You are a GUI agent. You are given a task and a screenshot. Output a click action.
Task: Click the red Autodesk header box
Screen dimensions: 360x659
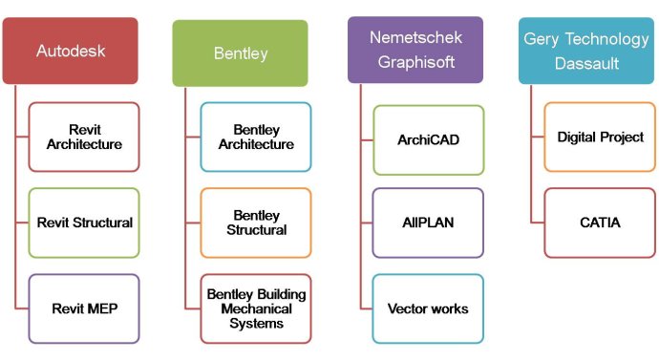click(x=70, y=51)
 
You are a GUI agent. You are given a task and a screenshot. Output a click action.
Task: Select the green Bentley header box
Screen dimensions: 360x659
click(x=240, y=53)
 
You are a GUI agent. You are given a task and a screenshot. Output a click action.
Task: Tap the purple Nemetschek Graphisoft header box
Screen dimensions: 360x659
click(x=415, y=50)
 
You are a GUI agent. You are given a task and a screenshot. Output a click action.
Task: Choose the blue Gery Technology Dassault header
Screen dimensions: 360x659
click(x=586, y=50)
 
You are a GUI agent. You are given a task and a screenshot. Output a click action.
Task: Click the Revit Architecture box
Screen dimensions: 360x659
click(x=84, y=137)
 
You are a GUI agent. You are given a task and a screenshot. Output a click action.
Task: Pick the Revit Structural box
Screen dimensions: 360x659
click(x=84, y=222)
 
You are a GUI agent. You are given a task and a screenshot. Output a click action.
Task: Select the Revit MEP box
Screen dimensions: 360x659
click(x=84, y=308)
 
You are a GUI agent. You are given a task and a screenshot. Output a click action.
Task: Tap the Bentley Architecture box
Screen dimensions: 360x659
click(x=255, y=137)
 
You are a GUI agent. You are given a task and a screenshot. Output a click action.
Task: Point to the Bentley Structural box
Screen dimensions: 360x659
click(x=255, y=222)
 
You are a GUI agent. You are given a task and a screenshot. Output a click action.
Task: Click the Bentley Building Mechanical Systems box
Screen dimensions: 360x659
click(x=255, y=308)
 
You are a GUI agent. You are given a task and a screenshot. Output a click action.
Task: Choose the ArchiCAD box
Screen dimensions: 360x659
click(x=428, y=139)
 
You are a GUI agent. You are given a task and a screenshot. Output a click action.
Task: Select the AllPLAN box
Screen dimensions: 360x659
click(x=428, y=222)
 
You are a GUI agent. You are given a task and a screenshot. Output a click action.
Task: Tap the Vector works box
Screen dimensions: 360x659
click(x=428, y=308)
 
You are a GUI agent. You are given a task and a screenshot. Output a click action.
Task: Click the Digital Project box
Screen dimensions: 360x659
click(x=600, y=137)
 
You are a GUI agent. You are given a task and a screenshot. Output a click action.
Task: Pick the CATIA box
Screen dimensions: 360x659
click(x=600, y=222)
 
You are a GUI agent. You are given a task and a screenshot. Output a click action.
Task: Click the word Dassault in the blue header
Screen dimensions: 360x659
click(x=586, y=64)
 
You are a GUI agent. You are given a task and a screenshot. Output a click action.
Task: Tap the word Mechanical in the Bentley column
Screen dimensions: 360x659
click(x=256, y=308)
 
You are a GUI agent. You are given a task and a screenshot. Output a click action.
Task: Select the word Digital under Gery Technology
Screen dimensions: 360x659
click(x=576, y=137)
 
